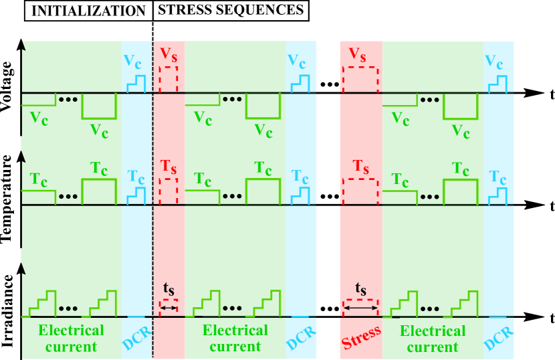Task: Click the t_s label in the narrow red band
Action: (x=169, y=289)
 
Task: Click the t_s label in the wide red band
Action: (x=360, y=289)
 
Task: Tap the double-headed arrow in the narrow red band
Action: (x=169, y=308)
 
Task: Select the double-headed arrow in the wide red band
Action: (x=360, y=308)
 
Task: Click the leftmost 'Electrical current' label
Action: (x=71, y=338)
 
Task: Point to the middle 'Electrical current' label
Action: (x=235, y=338)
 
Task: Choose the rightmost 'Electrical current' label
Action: (x=432, y=338)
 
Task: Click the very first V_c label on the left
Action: (x=39, y=118)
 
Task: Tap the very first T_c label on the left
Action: (x=39, y=179)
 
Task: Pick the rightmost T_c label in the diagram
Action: (x=461, y=168)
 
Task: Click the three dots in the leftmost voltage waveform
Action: (x=68, y=100)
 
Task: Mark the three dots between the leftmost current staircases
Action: (x=68, y=309)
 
